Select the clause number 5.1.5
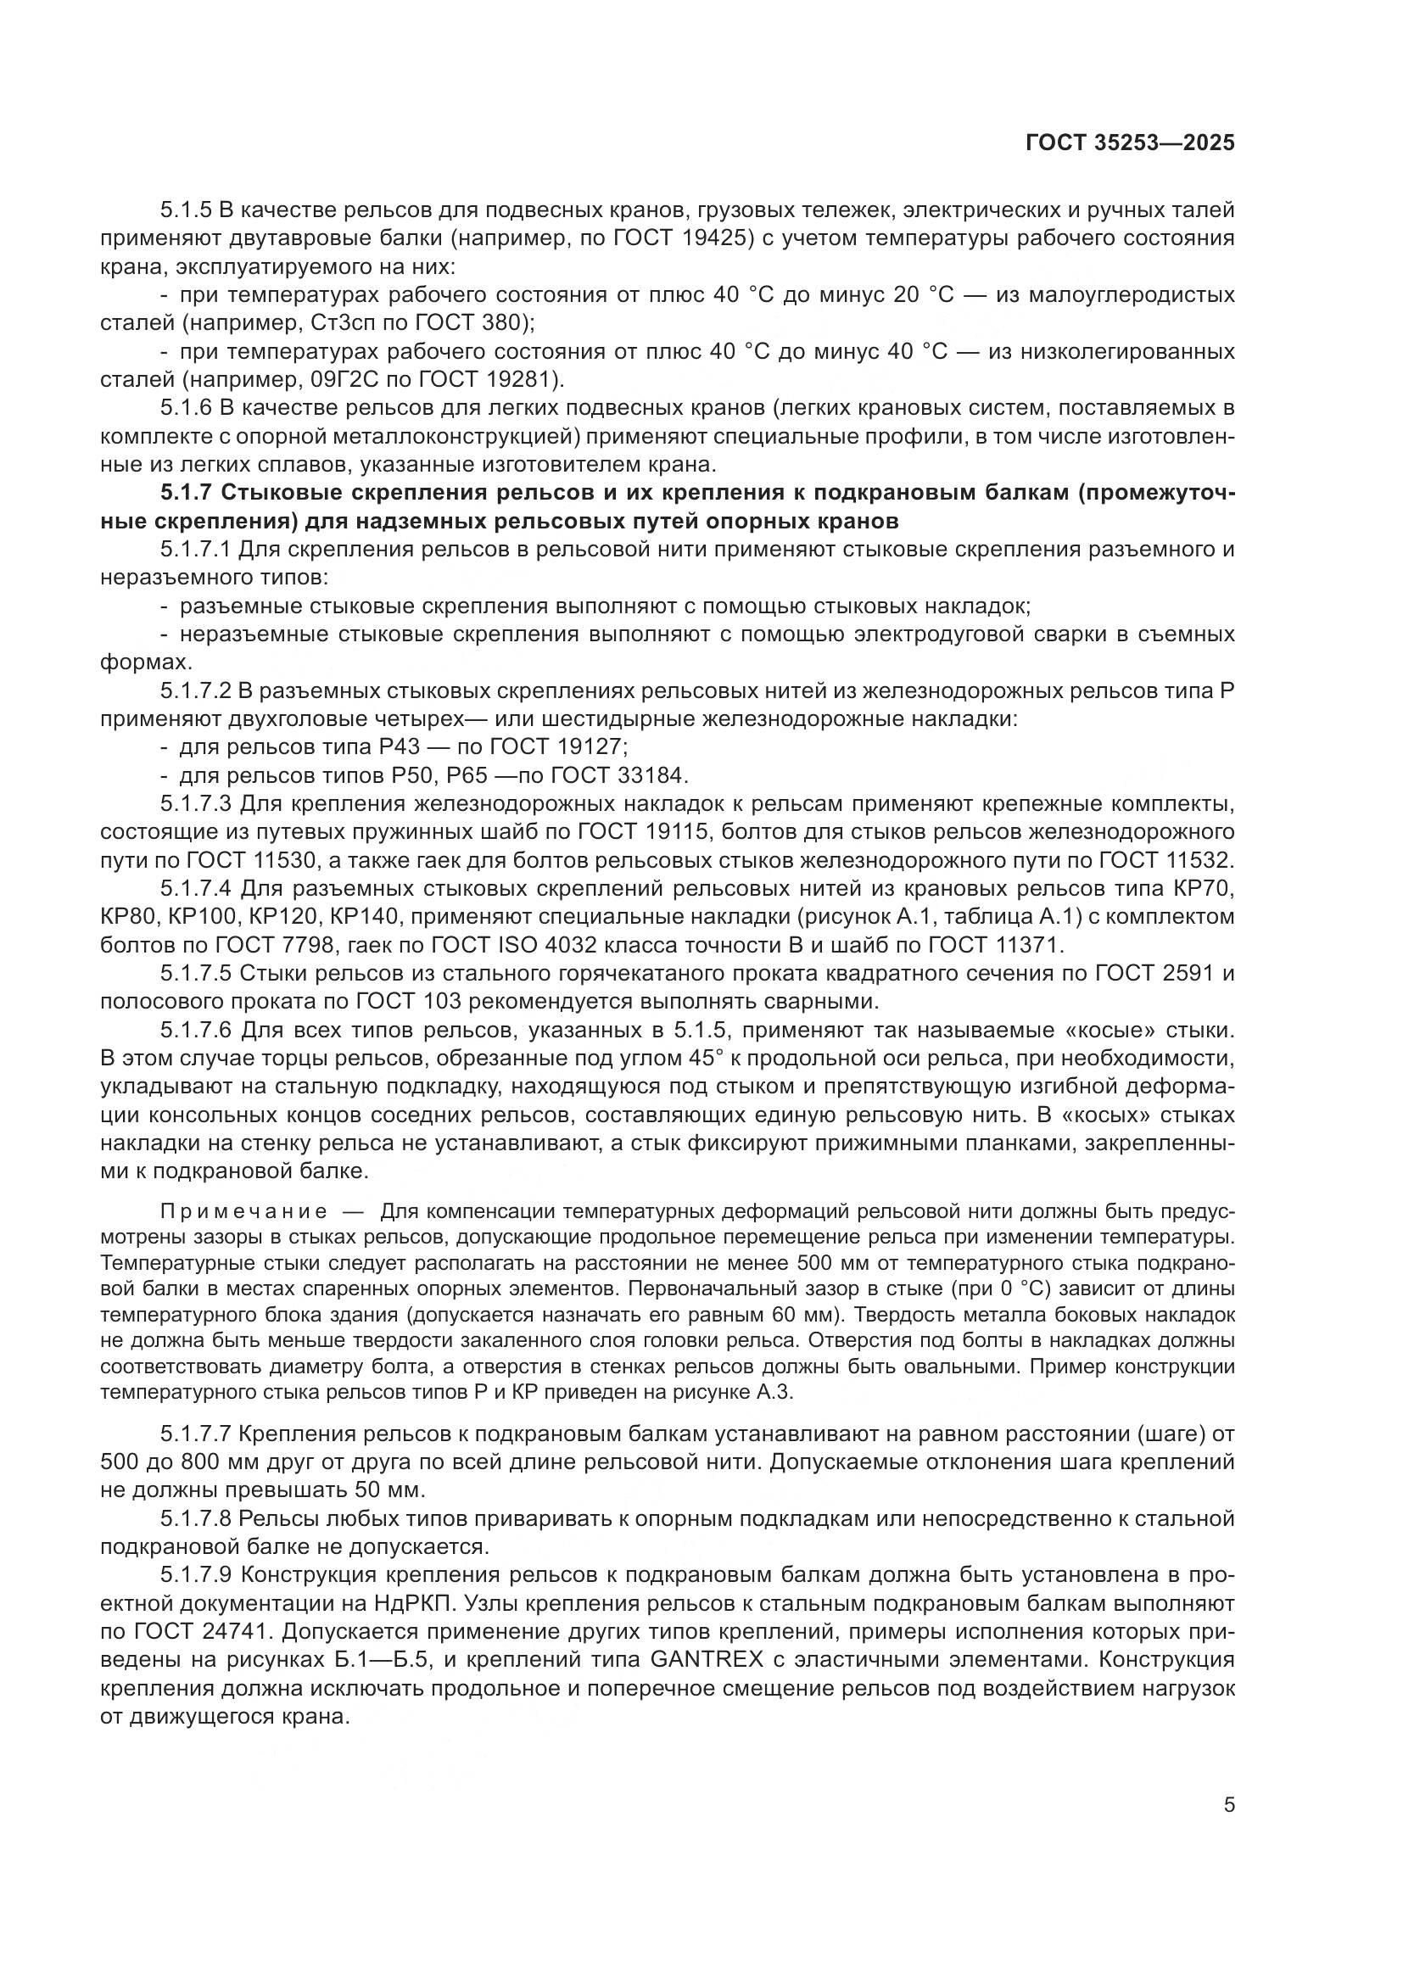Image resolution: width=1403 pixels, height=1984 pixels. click(x=186, y=210)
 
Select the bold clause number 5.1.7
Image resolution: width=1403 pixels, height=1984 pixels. click(x=186, y=494)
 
